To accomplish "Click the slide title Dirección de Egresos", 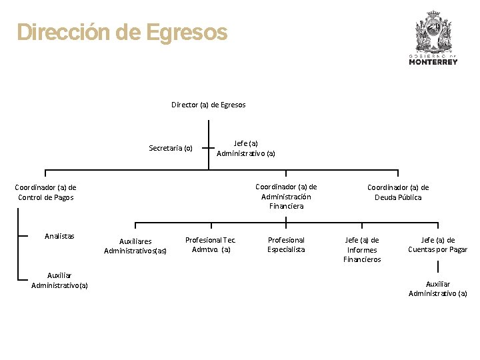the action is tap(122, 32).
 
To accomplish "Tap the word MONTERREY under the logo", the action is tap(433, 62).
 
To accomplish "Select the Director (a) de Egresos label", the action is tap(209, 105).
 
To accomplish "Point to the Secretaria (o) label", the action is tap(171, 148).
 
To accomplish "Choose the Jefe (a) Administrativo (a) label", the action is tap(246, 148).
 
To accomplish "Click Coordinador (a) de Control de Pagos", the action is tap(45, 192).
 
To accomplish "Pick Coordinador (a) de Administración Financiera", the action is tap(286, 196).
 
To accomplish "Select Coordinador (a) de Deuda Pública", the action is tap(398, 192).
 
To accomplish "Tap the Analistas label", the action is tap(59, 236).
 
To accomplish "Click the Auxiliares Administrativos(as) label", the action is tap(135, 246).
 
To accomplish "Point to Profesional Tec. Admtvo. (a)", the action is tap(211, 244).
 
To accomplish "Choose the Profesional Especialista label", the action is tap(286, 244).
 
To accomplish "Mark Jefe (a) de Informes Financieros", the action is tap(362, 249).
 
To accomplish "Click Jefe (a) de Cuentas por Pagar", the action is tap(438, 245).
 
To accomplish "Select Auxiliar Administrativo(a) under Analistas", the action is tap(59, 280).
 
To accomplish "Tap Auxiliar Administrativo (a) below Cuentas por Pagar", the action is tap(438, 289).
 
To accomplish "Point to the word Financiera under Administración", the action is tap(287, 206).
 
